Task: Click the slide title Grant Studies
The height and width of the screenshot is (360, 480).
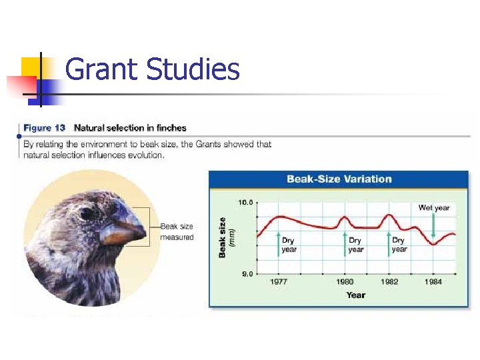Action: point(152,69)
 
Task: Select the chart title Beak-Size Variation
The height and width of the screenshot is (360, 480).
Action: point(339,179)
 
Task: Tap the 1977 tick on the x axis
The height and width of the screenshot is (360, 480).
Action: point(279,282)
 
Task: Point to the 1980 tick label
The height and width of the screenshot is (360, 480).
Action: point(345,282)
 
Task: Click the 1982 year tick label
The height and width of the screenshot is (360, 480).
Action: point(389,282)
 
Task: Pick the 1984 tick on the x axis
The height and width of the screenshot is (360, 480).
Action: point(433,282)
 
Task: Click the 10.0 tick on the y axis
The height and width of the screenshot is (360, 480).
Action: point(245,202)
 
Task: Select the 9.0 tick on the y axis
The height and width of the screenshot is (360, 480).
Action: point(245,273)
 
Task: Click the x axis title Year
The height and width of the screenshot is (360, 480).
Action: point(355,295)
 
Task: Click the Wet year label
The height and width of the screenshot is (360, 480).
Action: point(434,208)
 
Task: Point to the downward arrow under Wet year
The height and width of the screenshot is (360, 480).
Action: point(433,225)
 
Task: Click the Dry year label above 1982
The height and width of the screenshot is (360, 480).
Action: point(399,245)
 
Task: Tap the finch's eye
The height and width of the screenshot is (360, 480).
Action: point(87,213)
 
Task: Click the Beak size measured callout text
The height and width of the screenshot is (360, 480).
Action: point(177,232)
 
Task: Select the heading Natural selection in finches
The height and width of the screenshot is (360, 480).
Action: point(130,128)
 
